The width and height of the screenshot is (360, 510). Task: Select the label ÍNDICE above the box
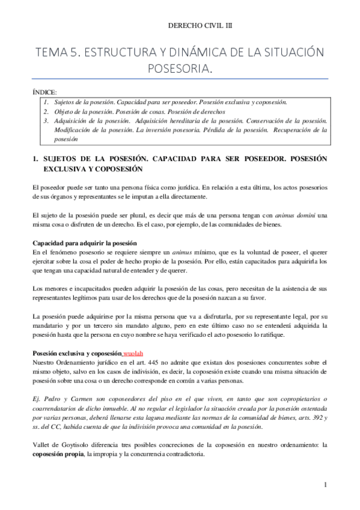pos(44,93)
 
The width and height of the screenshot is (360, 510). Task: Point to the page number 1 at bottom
pos(325,484)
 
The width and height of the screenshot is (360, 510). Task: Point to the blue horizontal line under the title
pos(180,79)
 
